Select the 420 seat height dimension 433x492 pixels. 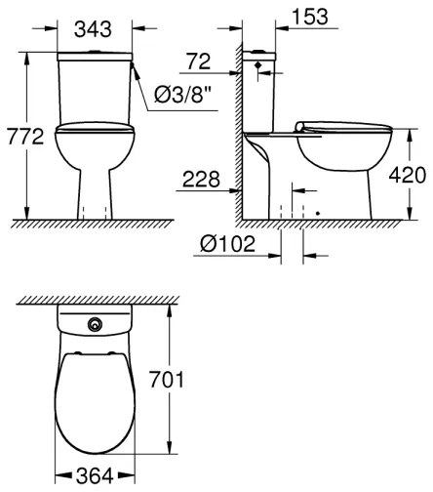(x=408, y=176)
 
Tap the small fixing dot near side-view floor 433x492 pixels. (x=318, y=208)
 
